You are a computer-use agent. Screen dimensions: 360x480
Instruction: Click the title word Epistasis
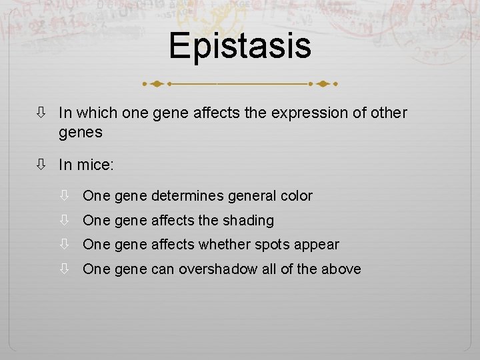click(x=239, y=46)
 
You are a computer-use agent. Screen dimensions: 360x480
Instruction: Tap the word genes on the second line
click(x=81, y=133)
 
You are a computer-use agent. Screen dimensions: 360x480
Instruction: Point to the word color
click(x=294, y=196)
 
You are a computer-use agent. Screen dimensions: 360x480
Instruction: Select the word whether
click(x=219, y=245)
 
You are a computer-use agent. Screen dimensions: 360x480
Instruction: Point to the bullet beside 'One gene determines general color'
click(x=65, y=196)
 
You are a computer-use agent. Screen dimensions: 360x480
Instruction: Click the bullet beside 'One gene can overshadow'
click(x=65, y=269)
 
